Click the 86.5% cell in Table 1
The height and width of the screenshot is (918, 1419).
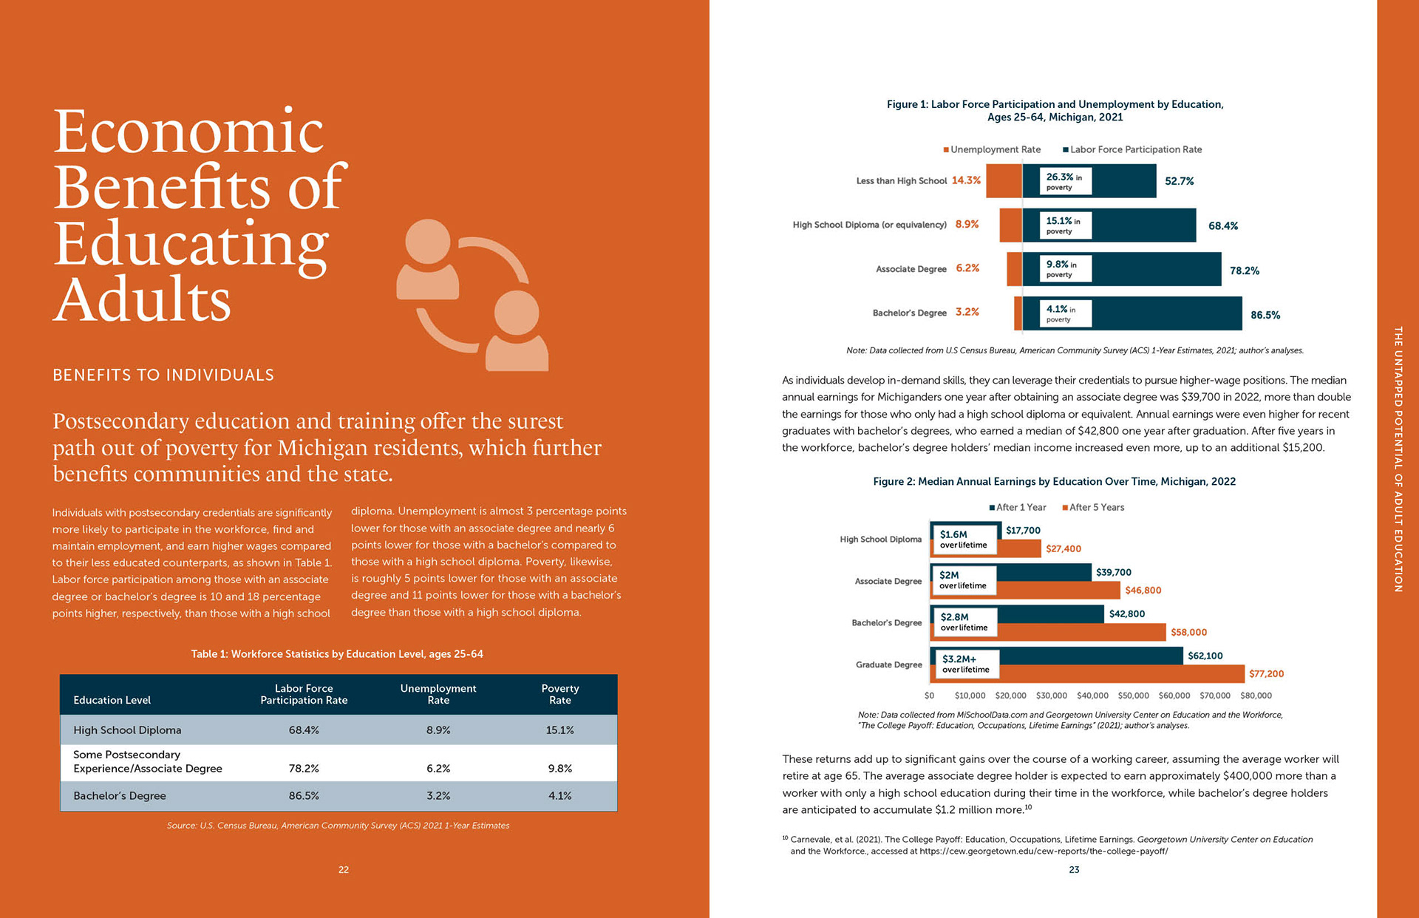click(304, 796)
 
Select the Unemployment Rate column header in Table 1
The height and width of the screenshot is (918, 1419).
click(438, 694)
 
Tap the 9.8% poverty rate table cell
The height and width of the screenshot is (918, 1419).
click(560, 769)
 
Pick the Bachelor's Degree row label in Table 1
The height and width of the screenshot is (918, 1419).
click(120, 796)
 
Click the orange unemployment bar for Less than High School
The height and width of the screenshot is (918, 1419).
click(1004, 180)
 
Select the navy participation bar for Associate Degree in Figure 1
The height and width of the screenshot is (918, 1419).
click(1122, 269)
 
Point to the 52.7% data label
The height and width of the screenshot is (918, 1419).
click(1180, 181)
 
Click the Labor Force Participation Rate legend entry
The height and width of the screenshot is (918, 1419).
click(1132, 149)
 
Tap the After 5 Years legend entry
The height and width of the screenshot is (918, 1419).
click(1093, 507)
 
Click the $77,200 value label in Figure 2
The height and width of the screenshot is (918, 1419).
click(1267, 674)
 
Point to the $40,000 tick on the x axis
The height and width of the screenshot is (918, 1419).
click(1092, 696)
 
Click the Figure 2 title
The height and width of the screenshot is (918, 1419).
click(1055, 482)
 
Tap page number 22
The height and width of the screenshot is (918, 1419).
click(344, 870)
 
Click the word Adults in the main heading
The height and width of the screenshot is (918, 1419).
click(142, 300)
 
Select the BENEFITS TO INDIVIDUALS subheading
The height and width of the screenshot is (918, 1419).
click(163, 375)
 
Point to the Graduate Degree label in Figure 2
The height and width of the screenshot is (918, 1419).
click(888, 665)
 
